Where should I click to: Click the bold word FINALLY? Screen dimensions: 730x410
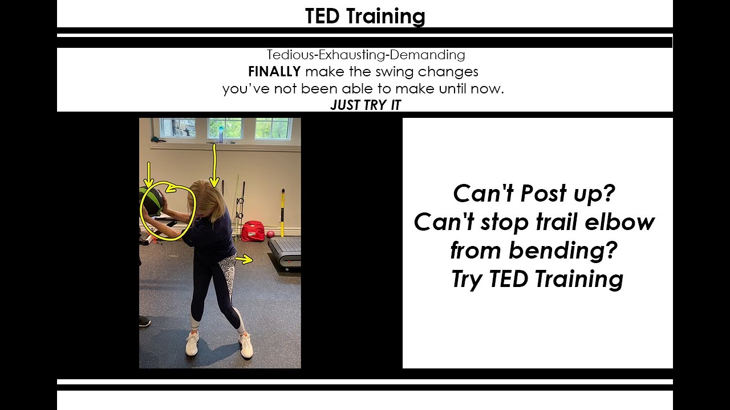pyautogui.click(x=274, y=72)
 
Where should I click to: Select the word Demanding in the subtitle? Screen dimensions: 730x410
pyautogui.click(x=427, y=55)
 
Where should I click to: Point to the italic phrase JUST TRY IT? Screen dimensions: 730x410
pyautogui.click(x=366, y=105)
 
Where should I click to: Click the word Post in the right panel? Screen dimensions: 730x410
pyautogui.click(x=544, y=194)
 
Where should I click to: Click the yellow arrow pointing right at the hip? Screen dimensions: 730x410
pyautogui.click(x=244, y=259)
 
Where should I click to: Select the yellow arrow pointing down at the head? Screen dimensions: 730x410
pyautogui.click(x=214, y=166)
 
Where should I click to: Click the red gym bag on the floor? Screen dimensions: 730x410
pyautogui.click(x=253, y=231)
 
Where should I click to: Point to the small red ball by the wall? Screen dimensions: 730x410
pyautogui.click(x=270, y=235)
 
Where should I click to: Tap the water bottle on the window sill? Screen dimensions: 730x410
pyautogui.click(x=221, y=135)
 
